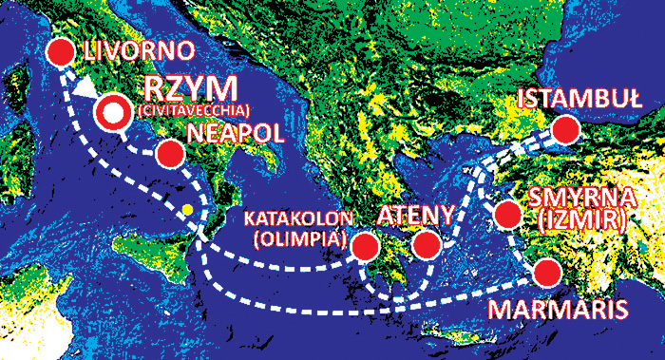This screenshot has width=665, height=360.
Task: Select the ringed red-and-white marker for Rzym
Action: coord(112,112)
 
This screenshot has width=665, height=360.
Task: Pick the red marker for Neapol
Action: coord(170,154)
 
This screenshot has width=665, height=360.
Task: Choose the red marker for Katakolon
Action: coord(362,248)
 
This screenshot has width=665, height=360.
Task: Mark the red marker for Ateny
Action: coord(427,246)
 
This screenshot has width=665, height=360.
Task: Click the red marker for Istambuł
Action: coord(566,130)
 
